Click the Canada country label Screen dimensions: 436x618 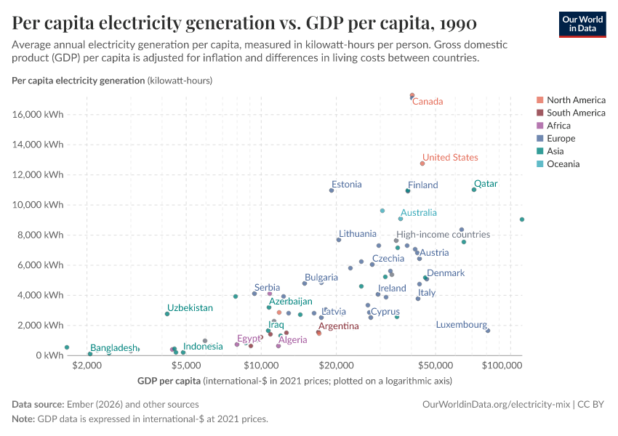click(428, 102)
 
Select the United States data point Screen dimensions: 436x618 click(422, 163)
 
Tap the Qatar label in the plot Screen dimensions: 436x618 click(486, 184)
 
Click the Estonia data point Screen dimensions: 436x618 click(332, 190)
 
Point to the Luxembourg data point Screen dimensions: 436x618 click(488, 331)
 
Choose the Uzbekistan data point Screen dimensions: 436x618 click(167, 314)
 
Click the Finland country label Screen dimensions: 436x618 click(422, 185)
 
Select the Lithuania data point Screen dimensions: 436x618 click(339, 240)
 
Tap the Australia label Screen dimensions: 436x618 click(419, 213)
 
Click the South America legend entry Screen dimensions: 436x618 click(576, 113)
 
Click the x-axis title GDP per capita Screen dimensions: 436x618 click(169, 381)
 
